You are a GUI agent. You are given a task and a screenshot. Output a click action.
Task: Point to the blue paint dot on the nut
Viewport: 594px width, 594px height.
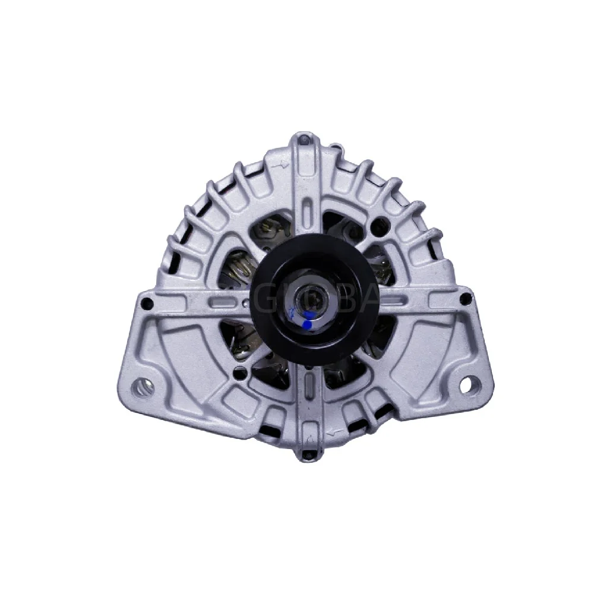[307, 324]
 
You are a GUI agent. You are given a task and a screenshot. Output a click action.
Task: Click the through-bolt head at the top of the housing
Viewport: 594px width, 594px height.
[305, 140]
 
